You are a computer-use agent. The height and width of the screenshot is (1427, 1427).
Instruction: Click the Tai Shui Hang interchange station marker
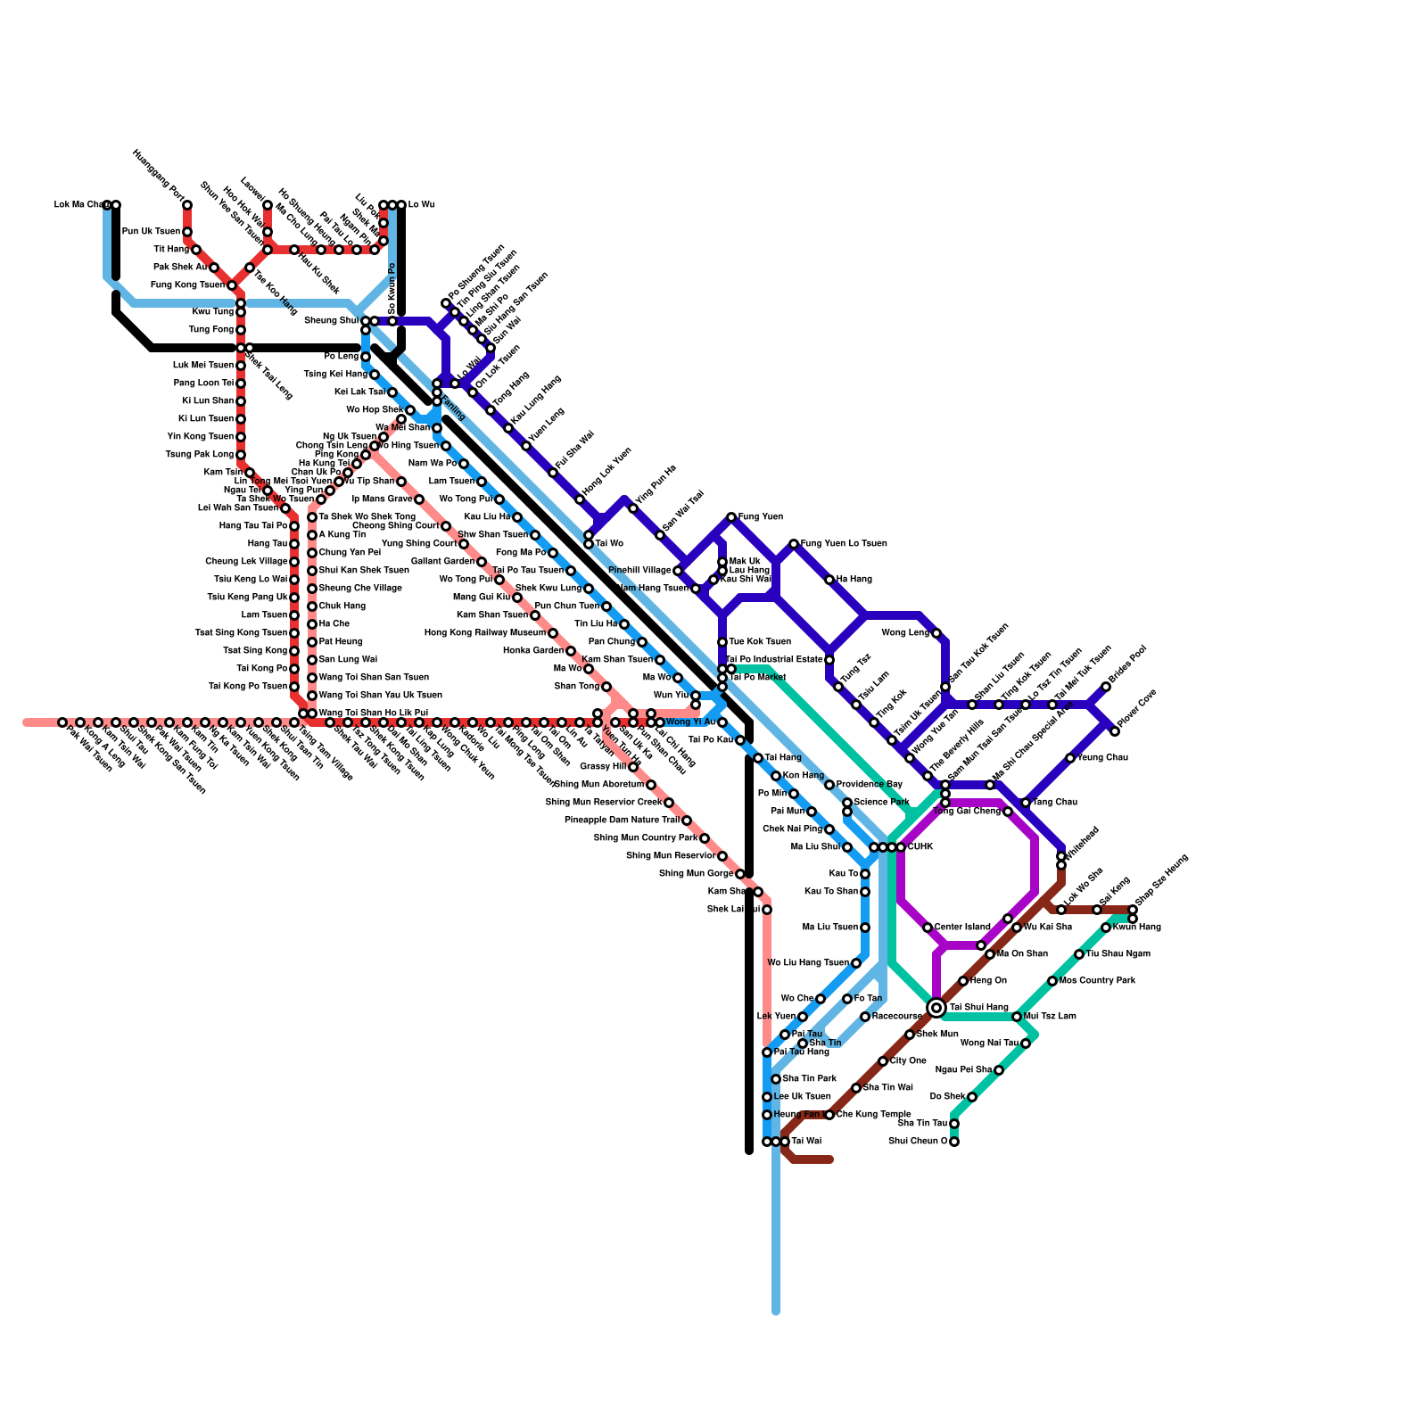936,1008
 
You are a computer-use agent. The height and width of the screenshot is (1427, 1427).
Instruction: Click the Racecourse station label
896,1017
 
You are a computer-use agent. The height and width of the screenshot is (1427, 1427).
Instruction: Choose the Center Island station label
963,928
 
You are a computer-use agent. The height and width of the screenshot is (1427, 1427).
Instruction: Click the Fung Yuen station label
761,517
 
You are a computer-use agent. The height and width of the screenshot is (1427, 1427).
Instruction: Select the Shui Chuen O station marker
954,1142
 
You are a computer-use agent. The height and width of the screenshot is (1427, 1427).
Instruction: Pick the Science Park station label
881,803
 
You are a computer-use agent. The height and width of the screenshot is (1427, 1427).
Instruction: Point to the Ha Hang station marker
829,580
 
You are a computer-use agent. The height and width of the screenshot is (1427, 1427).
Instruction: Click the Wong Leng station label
904,633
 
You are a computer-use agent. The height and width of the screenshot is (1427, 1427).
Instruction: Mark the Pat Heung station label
334,642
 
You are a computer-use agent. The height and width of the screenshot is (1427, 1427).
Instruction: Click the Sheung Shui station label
331,321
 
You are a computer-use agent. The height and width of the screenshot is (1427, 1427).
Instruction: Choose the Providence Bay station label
870,785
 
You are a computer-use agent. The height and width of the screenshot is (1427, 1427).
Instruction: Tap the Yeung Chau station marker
1070,758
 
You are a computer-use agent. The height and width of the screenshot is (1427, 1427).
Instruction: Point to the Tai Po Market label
758,678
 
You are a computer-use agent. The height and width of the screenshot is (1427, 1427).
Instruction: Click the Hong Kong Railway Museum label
485,633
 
